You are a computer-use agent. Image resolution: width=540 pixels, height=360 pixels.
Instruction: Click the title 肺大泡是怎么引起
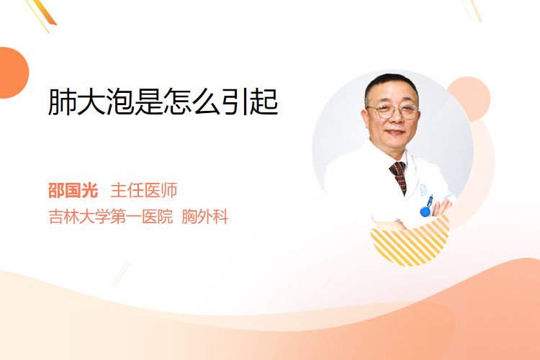[x=163, y=102]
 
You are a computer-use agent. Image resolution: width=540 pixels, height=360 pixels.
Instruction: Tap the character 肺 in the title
[x=62, y=102]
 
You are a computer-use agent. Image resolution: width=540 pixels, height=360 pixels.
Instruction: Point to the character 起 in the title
[x=264, y=102]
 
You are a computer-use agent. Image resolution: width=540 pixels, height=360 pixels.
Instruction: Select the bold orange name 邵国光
[x=73, y=190]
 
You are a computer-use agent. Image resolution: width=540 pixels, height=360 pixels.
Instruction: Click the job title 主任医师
[x=143, y=190]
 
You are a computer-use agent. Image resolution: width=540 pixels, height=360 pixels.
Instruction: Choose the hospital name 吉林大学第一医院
[x=111, y=217]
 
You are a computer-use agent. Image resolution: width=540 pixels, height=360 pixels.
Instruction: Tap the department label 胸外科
[x=205, y=217]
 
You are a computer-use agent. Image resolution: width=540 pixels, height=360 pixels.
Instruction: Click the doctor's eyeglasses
[x=394, y=111]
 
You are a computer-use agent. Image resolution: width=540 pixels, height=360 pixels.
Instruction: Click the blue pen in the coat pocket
[x=427, y=206]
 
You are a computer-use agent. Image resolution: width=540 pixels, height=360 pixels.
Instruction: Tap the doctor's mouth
[x=395, y=132]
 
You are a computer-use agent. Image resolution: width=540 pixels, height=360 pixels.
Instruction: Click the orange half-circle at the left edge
[x=13, y=73]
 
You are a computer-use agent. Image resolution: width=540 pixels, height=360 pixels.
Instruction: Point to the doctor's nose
[x=395, y=118]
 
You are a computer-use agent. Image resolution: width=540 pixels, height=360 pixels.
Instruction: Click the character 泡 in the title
[x=120, y=102]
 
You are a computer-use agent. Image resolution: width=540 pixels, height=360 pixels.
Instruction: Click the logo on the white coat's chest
[x=423, y=190]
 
